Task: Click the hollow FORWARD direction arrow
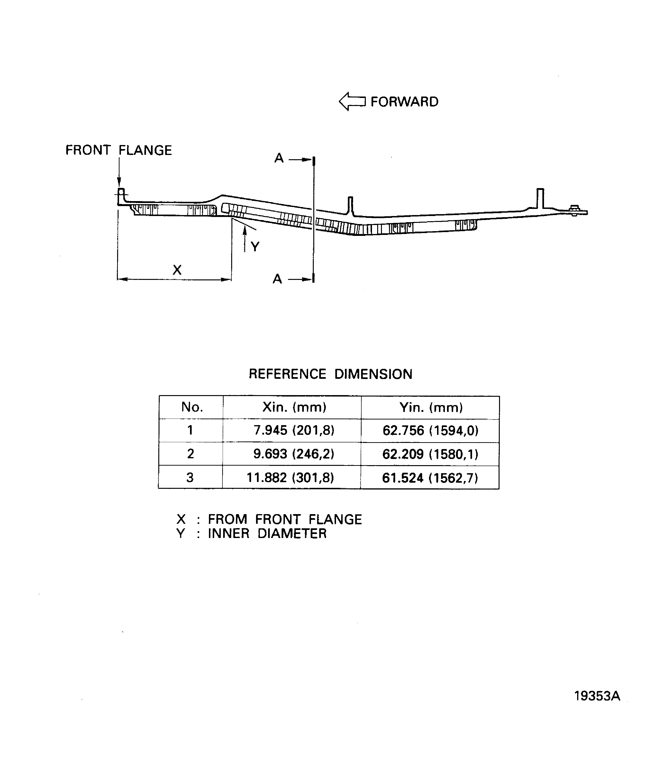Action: (x=352, y=101)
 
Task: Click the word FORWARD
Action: (x=404, y=102)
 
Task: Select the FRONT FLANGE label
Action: (x=118, y=150)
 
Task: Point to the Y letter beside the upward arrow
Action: (x=255, y=246)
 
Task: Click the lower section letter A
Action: (x=278, y=279)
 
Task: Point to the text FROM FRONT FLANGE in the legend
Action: (x=285, y=520)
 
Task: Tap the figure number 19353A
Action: (x=597, y=696)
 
